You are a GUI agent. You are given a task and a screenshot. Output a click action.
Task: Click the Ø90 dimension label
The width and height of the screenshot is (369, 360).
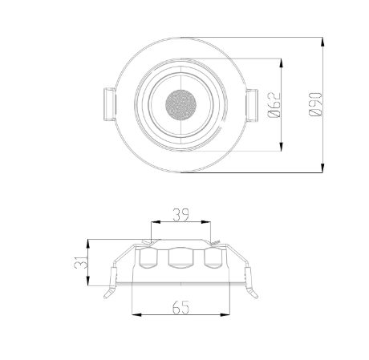point(315,104)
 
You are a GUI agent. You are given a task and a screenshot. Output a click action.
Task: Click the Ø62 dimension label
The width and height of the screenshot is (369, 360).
point(274,105)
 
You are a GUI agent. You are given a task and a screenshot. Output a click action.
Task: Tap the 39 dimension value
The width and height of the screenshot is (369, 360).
point(180,215)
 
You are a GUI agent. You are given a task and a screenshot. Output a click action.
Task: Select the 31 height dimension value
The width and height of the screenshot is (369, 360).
point(81,262)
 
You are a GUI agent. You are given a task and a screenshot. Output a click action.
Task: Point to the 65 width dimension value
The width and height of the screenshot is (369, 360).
point(180,307)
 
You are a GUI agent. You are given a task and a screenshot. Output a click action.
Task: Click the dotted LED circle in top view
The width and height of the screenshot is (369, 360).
point(180,104)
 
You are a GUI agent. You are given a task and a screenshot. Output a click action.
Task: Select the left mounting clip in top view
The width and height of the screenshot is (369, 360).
point(109,104)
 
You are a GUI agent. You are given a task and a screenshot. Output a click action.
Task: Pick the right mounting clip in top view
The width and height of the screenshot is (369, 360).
point(252,105)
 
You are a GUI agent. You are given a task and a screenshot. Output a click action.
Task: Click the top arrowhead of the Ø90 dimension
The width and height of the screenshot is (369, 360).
point(322,42)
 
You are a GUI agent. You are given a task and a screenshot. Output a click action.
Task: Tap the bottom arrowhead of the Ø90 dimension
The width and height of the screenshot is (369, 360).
point(322,168)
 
